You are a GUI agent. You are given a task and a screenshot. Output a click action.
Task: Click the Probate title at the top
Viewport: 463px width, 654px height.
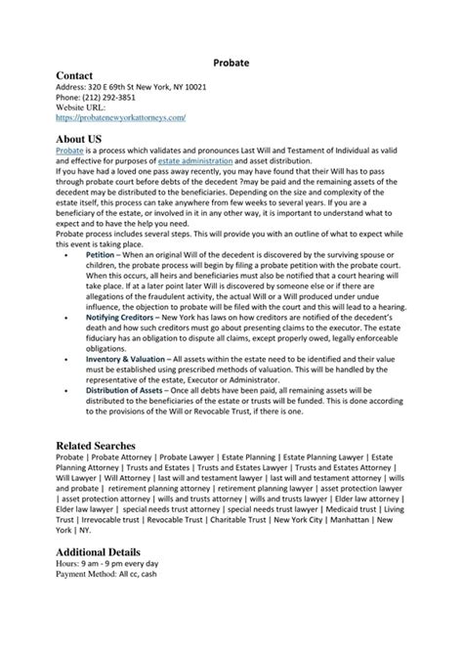point(231,62)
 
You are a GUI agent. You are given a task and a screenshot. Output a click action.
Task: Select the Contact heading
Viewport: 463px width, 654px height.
point(74,75)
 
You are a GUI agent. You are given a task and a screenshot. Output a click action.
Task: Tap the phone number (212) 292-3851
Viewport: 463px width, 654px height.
point(108,98)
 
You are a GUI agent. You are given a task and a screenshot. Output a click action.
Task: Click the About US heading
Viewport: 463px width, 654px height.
point(79,140)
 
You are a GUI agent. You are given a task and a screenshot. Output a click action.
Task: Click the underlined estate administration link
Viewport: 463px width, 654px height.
point(195,161)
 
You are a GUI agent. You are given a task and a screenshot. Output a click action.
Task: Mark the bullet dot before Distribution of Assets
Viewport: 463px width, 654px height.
point(65,392)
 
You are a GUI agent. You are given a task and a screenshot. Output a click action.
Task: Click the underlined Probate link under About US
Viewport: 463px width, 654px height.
point(69,152)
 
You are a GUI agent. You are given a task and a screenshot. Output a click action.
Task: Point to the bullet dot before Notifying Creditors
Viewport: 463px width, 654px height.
point(65,318)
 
